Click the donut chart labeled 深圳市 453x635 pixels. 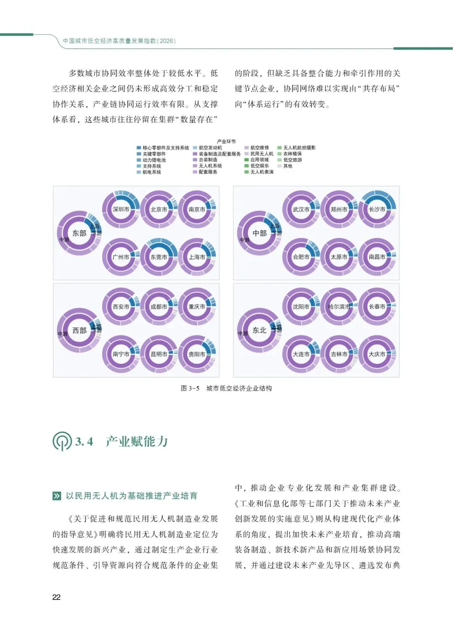click(121, 209)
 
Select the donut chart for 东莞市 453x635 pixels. click(159, 257)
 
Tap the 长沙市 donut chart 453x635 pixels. click(377, 209)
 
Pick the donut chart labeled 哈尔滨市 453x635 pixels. click(339, 306)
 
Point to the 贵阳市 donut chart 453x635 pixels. click(197, 354)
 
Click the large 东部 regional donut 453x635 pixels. click(79, 233)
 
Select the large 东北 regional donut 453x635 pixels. click(259, 330)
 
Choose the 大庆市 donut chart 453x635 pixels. click(377, 354)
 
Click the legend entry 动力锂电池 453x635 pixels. click(154, 160)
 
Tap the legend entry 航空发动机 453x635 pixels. click(210, 148)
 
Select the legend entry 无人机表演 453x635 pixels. click(262, 172)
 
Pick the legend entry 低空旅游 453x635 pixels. click(292, 160)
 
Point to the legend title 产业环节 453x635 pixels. click(226, 142)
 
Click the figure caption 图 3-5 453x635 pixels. click(190, 388)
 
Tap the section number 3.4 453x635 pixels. click(84, 441)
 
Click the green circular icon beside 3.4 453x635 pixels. click(62, 441)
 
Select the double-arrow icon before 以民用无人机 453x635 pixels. click(57, 496)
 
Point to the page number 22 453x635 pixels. click(57, 597)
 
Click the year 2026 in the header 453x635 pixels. click(167, 41)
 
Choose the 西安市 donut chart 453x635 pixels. click(121, 306)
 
